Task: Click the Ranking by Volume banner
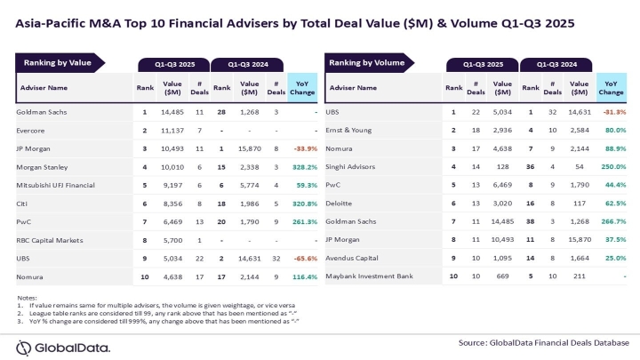(364, 64)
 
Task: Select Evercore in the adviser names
(32, 131)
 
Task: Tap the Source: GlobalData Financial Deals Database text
(544, 342)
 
